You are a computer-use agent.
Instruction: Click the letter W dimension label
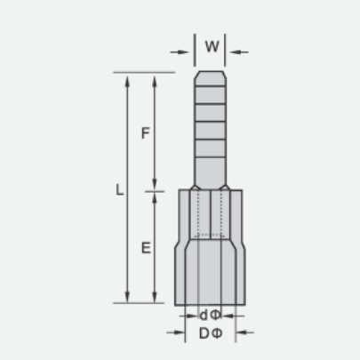point(212,46)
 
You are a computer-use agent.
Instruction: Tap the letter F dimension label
point(146,133)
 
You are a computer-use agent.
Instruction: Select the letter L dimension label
point(119,189)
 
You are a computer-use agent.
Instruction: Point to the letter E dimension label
point(146,248)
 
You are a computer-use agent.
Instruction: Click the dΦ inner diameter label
point(211,316)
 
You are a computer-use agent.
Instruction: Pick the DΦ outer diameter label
point(211,333)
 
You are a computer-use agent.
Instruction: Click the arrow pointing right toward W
point(180,52)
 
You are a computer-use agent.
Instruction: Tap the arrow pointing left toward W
point(239,52)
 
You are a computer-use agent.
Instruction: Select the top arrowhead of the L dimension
point(127,81)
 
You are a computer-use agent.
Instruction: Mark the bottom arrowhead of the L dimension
point(127,297)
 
